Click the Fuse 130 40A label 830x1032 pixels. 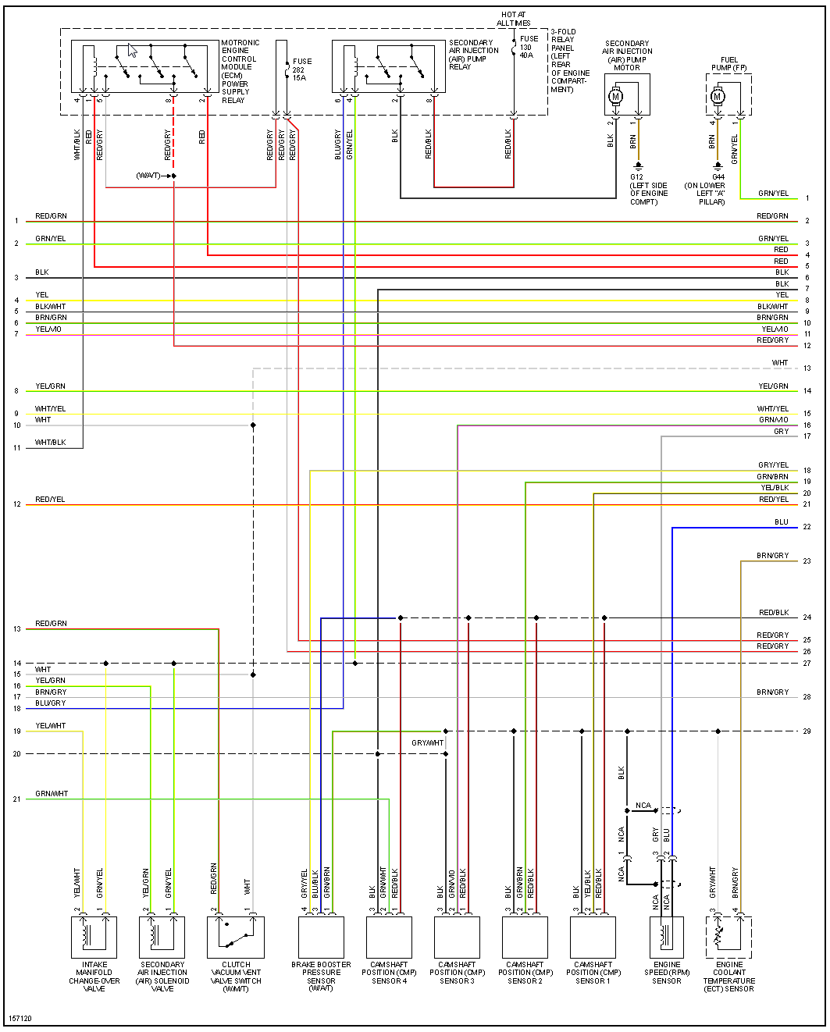click(529, 47)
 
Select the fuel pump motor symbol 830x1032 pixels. click(717, 97)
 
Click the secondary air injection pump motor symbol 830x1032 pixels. click(615, 97)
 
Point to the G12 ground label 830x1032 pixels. click(636, 177)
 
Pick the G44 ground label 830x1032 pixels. click(718, 177)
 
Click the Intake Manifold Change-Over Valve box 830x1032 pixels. click(94, 937)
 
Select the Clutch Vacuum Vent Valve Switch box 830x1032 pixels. click(236, 937)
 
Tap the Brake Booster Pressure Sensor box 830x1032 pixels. click(321, 937)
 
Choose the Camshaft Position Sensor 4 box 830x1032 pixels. click(389, 937)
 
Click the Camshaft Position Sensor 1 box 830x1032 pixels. click(593, 937)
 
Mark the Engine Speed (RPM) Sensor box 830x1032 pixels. click(667, 937)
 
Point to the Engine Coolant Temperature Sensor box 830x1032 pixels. click(728, 937)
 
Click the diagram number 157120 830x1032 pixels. click(20, 1018)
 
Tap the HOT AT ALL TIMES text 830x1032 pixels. click(513, 19)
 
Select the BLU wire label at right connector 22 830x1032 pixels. click(781, 521)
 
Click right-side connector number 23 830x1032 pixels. click(807, 561)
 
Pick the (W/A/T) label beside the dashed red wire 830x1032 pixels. click(148, 176)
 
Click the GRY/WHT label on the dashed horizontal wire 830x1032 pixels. click(427, 743)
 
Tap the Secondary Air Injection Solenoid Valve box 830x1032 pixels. click(162, 937)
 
